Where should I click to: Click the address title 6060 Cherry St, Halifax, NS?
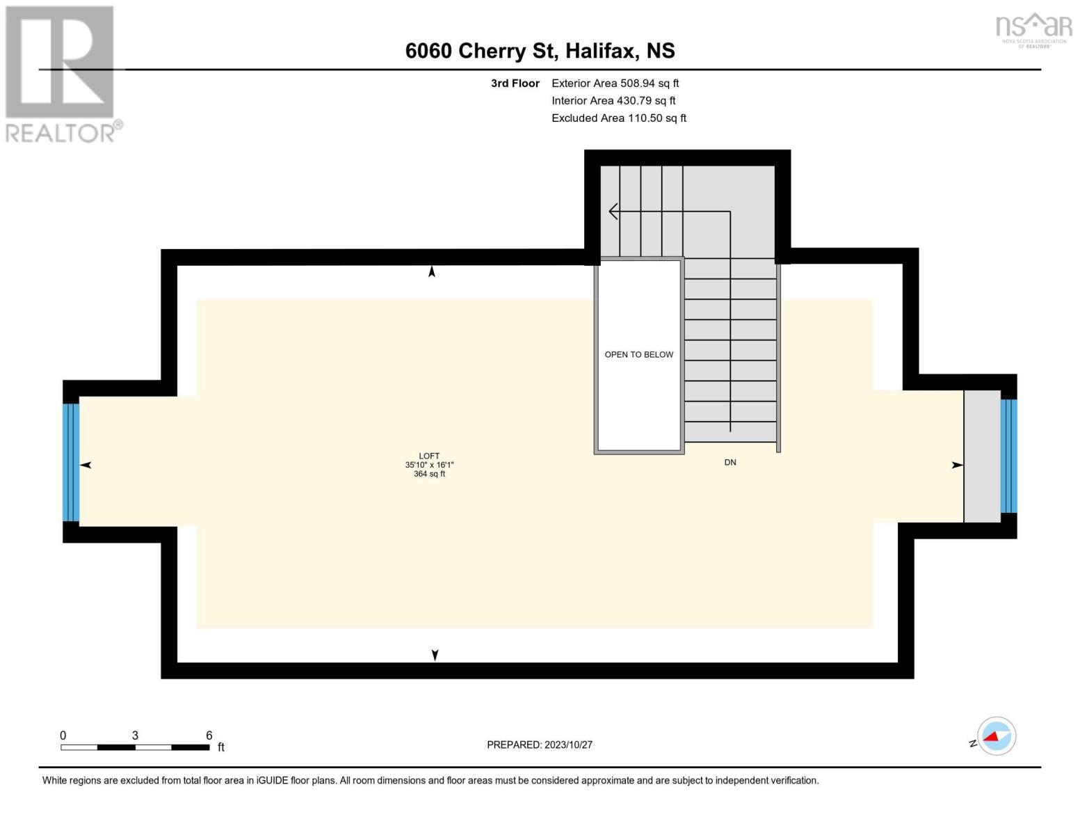tap(540, 51)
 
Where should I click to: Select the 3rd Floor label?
tap(515, 83)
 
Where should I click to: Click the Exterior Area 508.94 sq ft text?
tap(615, 83)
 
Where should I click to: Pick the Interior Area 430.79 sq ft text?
tap(613, 101)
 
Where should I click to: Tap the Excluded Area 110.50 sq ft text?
tap(618, 118)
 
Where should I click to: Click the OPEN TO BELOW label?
tap(638, 355)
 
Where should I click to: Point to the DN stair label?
tap(730, 463)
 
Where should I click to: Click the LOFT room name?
tap(429, 456)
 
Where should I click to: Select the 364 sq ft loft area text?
tap(429, 475)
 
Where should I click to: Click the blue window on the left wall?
tap(71, 463)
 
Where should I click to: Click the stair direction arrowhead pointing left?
tap(613, 211)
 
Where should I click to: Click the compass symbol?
tap(996, 736)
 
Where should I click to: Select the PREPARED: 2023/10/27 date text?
tap(539, 745)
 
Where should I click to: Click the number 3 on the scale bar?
tap(135, 735)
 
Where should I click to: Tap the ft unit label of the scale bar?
tap(221, 747)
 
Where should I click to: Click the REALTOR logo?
tap(62, 73)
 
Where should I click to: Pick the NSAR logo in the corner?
tap(1033, 29)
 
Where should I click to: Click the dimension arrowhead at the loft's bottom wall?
tap(435, 655)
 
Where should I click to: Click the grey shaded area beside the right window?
tap(981, 456)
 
